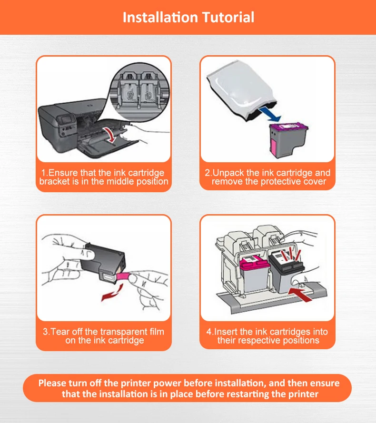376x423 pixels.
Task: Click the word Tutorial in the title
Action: coord(228,17)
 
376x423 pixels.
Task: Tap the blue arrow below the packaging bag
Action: coord(269,114)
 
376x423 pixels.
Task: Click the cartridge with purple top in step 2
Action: coord(288,140)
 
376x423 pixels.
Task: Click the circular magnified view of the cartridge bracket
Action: coord(139,92)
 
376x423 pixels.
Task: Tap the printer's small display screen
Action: coord(67,120)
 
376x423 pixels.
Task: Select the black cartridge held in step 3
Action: coord(103,262)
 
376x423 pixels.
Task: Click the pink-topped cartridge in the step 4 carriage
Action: coord(254,275)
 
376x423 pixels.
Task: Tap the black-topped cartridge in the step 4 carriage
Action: coord(286,272)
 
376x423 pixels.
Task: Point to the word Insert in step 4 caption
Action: coord(226,332)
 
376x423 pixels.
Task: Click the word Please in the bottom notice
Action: coord(52,384)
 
